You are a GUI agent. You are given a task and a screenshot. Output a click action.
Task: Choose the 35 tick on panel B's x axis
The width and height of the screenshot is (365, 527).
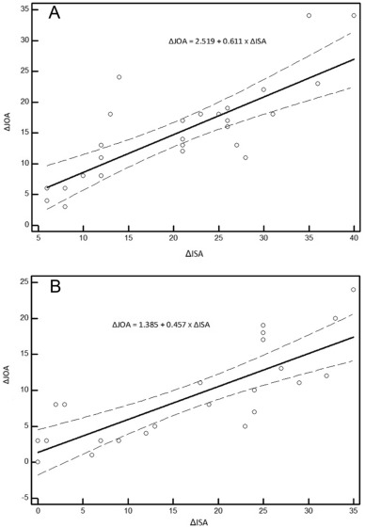(353, 498)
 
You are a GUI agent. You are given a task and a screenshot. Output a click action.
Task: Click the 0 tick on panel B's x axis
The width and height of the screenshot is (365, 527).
(38, 498)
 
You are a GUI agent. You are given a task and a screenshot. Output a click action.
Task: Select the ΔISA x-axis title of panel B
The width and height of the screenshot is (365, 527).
(194, 514)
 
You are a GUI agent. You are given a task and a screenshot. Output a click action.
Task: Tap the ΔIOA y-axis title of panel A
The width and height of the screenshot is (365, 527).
(9, 120)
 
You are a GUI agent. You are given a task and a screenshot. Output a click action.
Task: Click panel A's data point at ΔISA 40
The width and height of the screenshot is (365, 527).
(354, 16)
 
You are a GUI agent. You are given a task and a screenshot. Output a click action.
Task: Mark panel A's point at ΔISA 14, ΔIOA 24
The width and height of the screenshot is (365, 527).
(119, 77)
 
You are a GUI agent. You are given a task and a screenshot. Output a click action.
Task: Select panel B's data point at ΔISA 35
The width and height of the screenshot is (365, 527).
(353, 289)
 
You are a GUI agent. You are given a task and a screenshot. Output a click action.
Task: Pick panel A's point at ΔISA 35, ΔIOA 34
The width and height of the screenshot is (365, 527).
(309, 16)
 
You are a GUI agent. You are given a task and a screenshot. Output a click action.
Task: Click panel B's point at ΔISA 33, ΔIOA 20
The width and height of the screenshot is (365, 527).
(335, 318)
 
